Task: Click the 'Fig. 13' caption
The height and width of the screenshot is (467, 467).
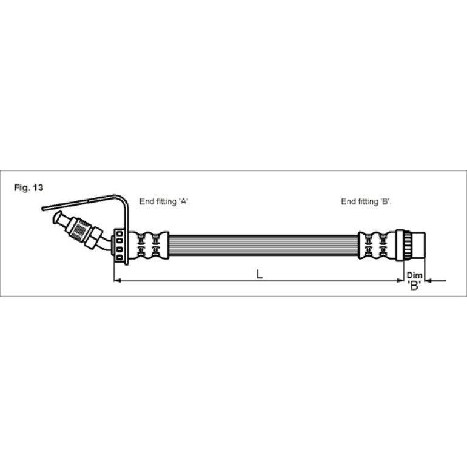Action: point(29,187)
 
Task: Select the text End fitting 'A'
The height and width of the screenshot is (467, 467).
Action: point(165,201)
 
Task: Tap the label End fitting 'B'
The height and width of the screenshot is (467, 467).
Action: point(366,201)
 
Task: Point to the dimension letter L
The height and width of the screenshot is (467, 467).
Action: point(260,274)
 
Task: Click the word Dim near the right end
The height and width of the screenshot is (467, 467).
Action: point(415,275)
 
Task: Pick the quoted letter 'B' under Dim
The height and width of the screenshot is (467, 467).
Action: point(414,286)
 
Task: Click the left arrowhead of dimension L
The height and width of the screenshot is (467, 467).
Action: point(117,280)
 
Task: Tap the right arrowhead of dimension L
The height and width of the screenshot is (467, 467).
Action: point(400,280)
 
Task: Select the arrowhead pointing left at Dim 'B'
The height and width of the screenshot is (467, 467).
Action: point(428,280)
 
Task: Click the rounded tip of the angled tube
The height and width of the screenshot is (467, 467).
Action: point(57,217)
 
